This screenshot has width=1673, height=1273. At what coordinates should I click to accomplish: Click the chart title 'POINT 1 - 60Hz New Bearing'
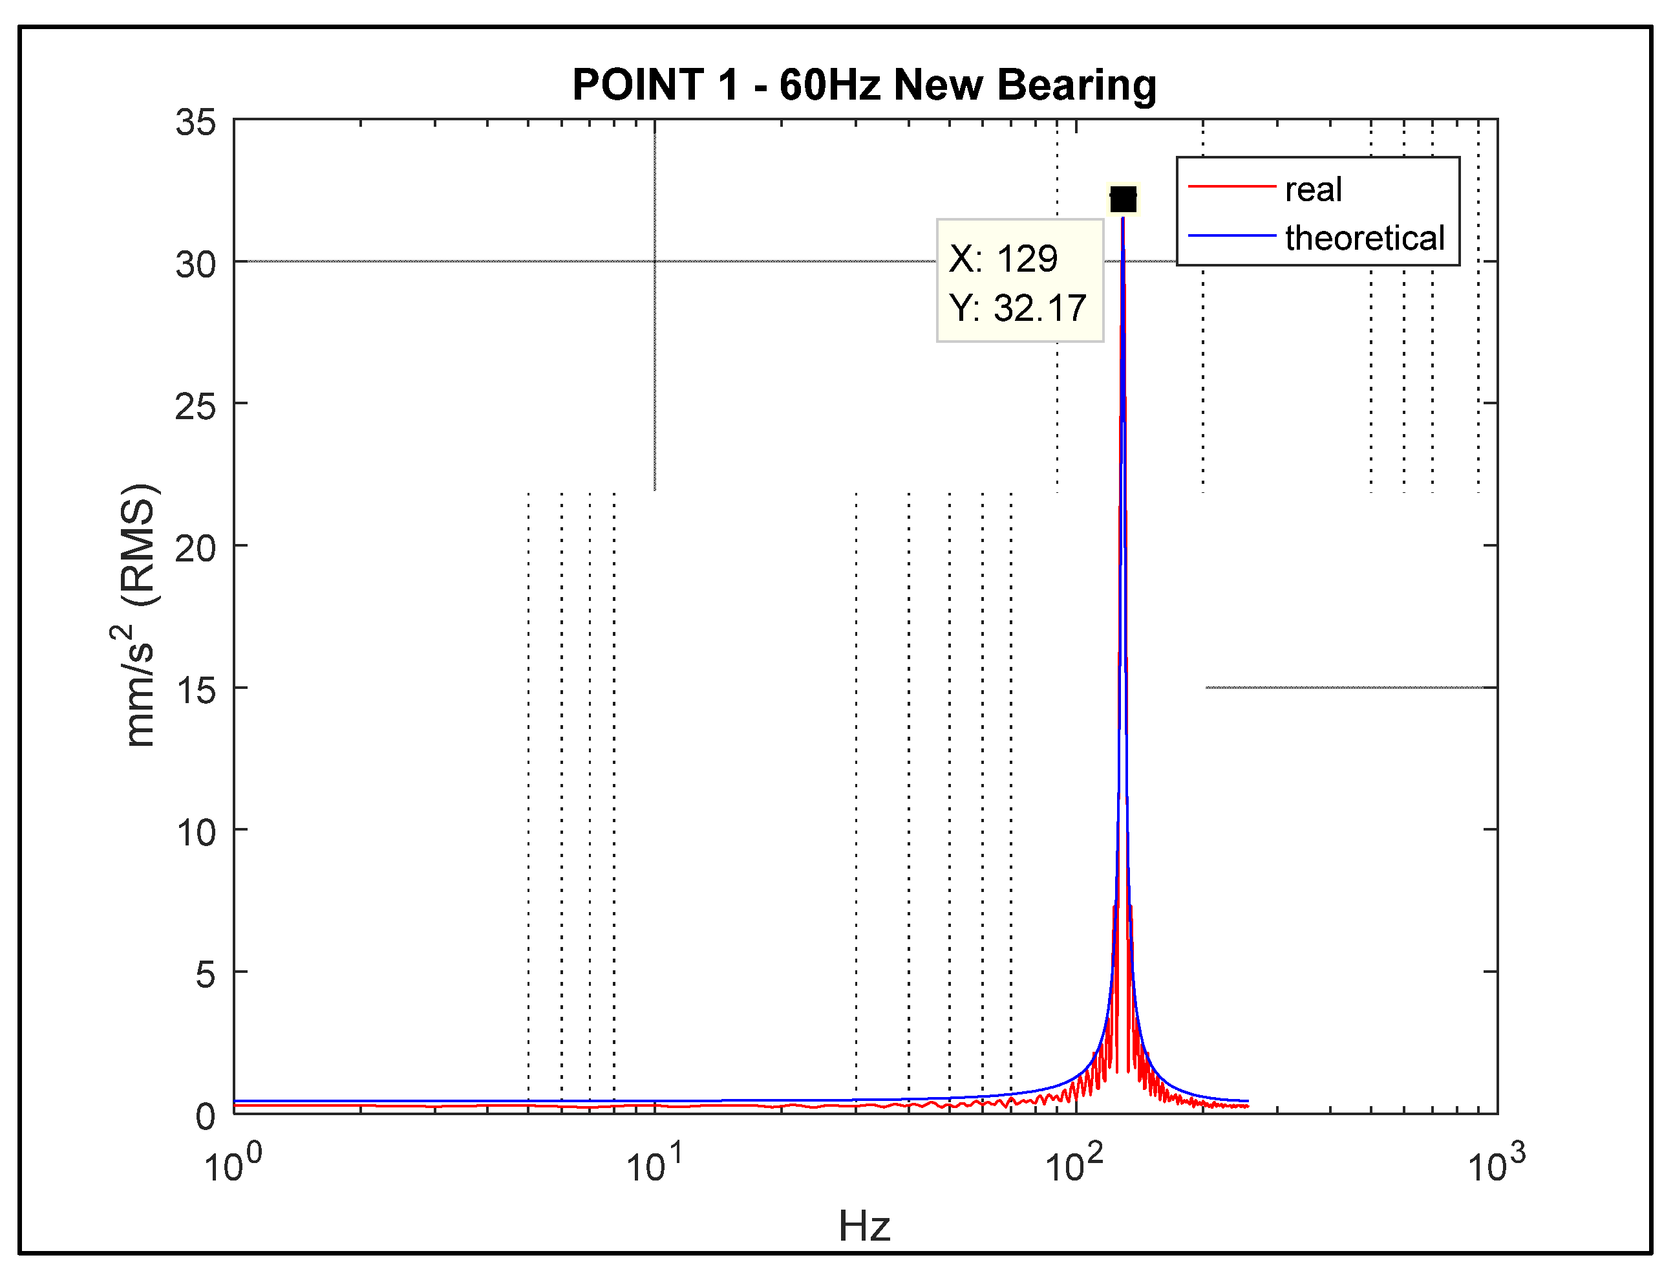tap(864, 85)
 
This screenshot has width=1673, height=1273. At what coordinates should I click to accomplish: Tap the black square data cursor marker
tap(1122, 199)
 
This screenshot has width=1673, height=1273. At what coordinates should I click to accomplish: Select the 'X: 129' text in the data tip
tap(1003, 259)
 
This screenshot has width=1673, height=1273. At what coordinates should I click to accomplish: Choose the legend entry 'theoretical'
tap(1365, 238)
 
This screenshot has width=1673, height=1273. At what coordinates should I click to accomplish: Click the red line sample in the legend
tap(1231, 186)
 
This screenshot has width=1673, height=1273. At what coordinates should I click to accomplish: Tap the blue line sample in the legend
tap(1231, 235)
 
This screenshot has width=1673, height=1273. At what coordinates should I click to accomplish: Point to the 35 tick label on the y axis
tap(195, 123)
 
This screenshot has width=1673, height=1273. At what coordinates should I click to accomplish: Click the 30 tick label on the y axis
tap(195, 265)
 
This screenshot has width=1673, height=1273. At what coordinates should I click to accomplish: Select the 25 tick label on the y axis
tap(195, 407)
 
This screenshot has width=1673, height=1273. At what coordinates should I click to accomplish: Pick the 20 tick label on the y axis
tap(195, 549)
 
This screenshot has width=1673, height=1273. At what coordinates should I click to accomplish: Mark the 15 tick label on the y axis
tap(195, 690)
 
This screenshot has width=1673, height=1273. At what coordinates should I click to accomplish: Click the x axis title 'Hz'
tap(864, 1226)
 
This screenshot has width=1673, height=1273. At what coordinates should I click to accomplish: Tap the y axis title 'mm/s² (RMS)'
tap(140, 615)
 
